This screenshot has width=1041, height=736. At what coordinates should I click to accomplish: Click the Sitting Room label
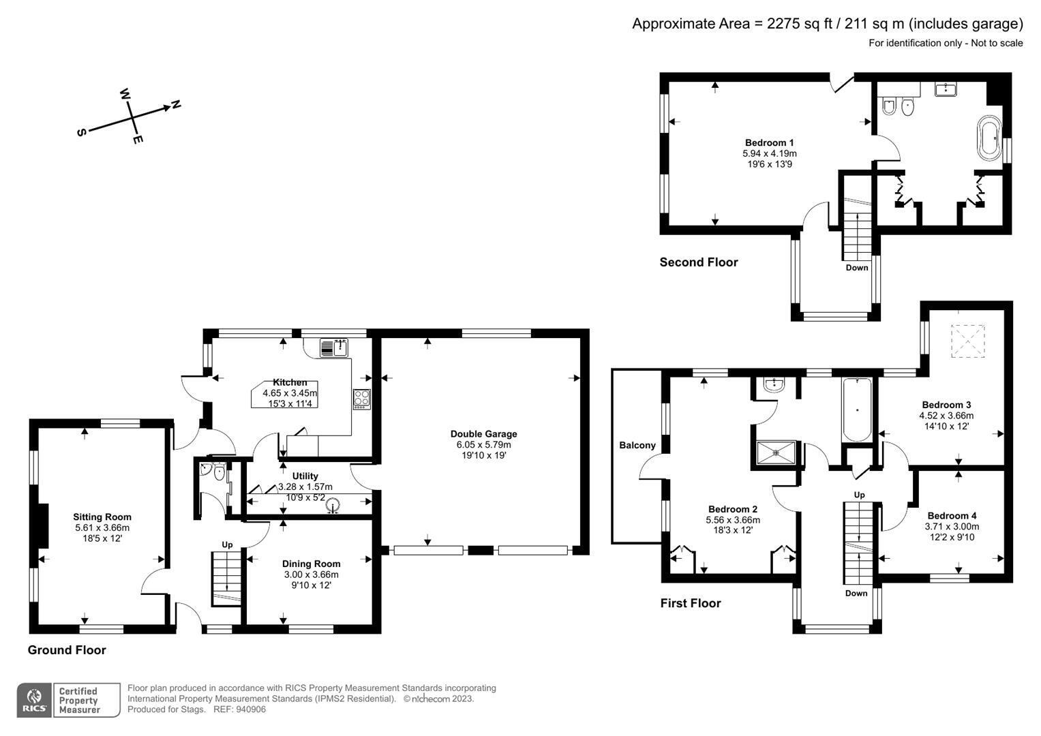[x=102, y=517]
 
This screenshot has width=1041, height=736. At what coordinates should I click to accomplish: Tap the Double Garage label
[x=483, y=433]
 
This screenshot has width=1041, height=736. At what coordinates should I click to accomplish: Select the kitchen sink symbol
[x=334, y=348]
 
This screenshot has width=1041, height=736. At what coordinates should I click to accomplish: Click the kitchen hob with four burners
[x=361, y=398]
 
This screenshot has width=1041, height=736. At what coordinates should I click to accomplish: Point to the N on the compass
[x=176, y=104]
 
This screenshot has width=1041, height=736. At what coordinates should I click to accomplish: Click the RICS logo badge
[x=33, y=700]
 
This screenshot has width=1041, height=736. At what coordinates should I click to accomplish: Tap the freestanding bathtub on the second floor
[x=990, y=138]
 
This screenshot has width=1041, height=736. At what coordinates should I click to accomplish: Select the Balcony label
[x=637, y=445]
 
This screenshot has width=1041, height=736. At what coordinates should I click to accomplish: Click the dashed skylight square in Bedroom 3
[x=968, y=341]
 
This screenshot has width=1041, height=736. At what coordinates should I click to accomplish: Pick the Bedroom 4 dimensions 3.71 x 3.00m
[x=951, y=527]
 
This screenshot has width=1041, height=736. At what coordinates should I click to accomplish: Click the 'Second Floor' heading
[x=698, y=262]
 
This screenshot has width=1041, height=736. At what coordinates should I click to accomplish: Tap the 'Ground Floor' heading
[x=67, y=650]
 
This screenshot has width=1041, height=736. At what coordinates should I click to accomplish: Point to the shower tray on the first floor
[x=775, y=452]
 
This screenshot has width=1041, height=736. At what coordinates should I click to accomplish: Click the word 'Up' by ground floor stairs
[x=227, y=545]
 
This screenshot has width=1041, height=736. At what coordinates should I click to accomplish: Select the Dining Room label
[x=311, y=564]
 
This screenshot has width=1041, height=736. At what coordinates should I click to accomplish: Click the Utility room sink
[x=333, y=506]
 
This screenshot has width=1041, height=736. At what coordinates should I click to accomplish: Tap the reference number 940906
[x=250, y=709]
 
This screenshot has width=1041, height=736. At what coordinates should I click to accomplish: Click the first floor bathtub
[x=856, y=410]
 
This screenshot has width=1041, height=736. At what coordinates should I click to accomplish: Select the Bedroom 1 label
[x=769, y=142]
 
